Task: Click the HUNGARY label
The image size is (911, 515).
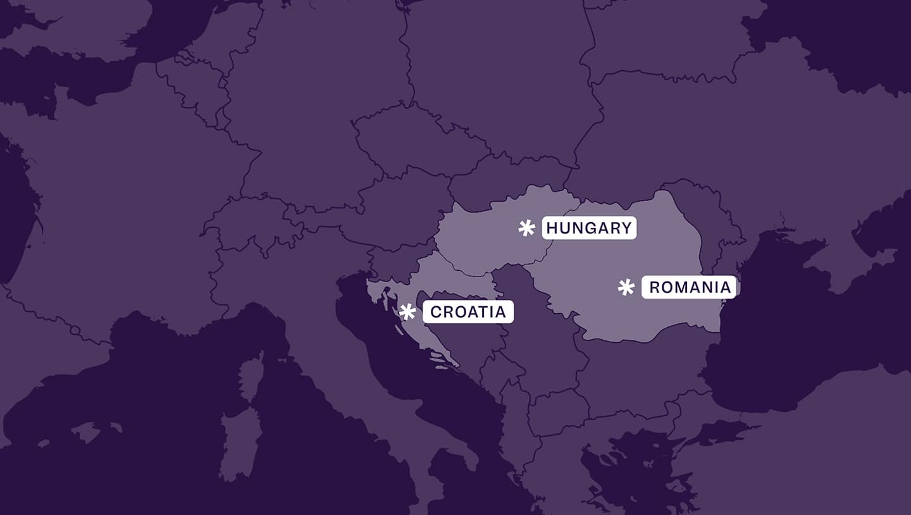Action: tap(589, 228)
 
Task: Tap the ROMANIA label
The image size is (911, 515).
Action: tap(689, 287)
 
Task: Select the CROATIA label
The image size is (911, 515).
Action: tap(468, 312)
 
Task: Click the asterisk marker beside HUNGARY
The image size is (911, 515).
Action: tap(526, 228)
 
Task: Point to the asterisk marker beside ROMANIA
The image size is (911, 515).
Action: tap(626, 287)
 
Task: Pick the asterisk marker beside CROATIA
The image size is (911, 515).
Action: tap(407, 311)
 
